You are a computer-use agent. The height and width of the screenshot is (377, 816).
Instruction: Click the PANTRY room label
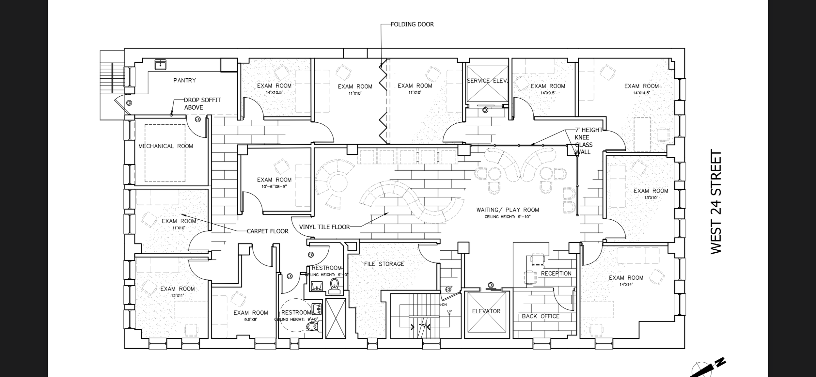[x=185, y=80]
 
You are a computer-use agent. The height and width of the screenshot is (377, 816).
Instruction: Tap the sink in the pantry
[x=161, y=65]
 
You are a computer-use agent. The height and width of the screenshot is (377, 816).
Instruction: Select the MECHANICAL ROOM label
[x=165, y=146]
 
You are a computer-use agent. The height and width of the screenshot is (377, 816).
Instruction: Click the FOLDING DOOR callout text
[x=412, y=24]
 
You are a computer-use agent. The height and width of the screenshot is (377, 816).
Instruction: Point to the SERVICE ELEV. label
[x=487, y=81]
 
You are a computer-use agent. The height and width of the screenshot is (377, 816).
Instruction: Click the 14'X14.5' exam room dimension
[x=641, y=93]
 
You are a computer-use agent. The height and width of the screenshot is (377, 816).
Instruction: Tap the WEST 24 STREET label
[x=716, y=202]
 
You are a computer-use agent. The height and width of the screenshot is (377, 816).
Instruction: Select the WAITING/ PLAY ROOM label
[x=508, y=210]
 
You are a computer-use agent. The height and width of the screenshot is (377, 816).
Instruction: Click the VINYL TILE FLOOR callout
[x=324, y=227]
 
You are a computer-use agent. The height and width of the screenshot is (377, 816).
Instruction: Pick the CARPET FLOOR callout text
[x=268, y=231]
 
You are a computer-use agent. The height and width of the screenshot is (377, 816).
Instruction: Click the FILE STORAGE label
[x=384, y=264]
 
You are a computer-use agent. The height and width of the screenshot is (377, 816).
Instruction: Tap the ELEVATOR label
[x=486, y=311]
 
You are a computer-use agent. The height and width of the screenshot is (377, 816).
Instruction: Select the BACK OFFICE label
[x=541, y=316]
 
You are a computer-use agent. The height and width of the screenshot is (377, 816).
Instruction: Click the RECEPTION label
[x=556, y=274]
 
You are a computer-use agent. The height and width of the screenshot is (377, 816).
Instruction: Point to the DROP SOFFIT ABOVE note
[x=202, y=104]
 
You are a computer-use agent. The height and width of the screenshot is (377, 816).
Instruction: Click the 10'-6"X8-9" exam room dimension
[x=274, y=187]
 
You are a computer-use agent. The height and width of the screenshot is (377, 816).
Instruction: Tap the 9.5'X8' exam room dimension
[x=251, y=320]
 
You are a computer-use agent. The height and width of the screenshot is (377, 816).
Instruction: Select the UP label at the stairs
[x=449, y=311]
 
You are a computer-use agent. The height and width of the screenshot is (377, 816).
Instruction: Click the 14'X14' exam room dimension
[x=626, y=285]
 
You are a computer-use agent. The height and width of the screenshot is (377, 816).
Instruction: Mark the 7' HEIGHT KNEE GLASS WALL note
[x=588, y=141]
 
